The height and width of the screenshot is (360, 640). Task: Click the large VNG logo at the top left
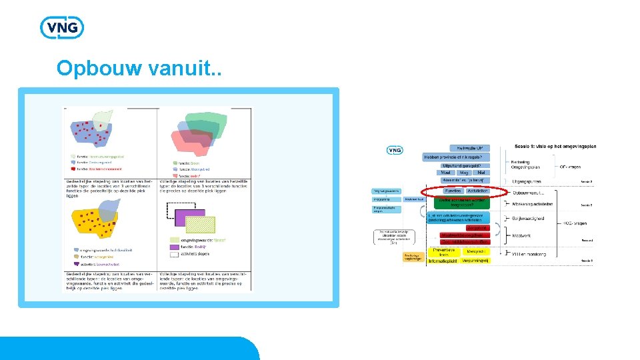point(62,28)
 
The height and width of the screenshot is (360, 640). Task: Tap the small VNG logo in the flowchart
point(395,150)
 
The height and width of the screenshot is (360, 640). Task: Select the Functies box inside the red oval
point(453,191)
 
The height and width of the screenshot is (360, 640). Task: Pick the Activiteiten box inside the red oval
point(477,191)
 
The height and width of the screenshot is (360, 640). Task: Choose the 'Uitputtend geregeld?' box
point(466,165)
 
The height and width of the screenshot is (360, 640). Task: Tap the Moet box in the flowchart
point(447,173)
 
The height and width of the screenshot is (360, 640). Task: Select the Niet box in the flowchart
point(481,173)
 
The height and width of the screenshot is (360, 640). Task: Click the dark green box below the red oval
point(464,201)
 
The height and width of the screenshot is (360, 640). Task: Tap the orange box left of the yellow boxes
point(413,257)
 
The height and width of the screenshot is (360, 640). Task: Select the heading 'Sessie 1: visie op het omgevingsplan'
point(555,146)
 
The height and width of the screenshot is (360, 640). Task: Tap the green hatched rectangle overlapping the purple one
point(200,224)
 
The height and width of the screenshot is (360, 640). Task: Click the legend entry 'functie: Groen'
point(189,163)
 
